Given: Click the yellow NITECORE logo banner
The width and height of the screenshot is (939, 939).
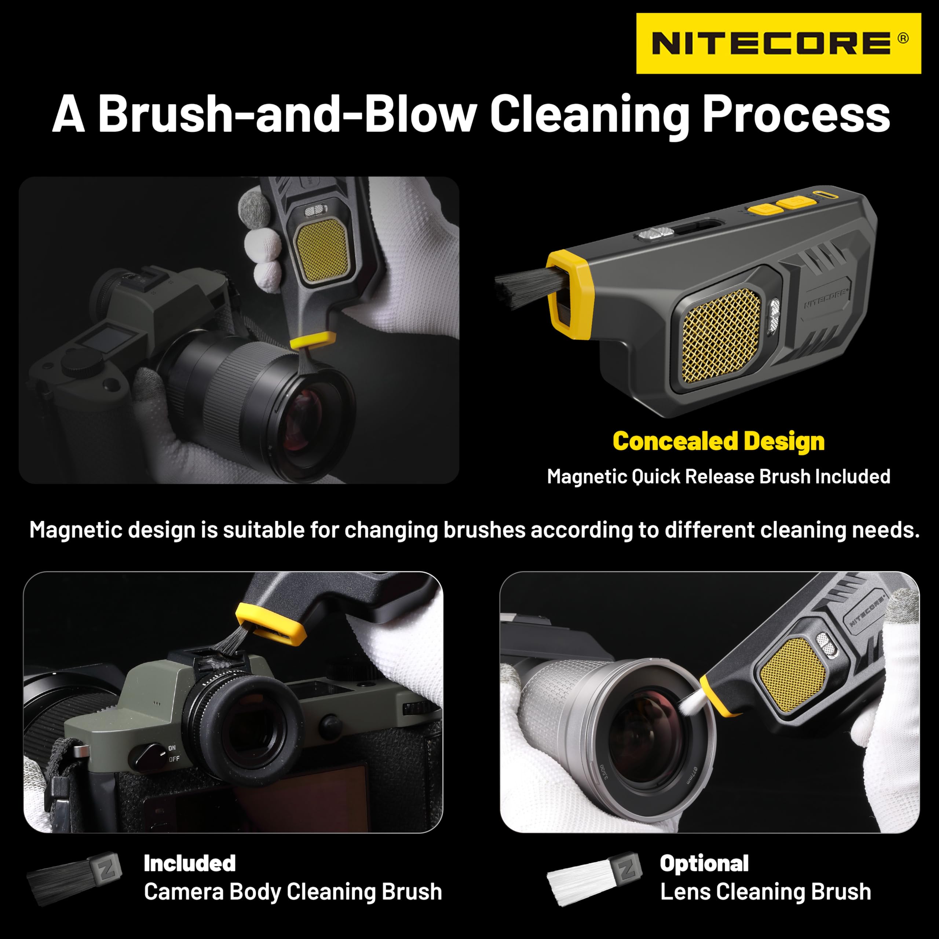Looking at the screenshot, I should (778, 43).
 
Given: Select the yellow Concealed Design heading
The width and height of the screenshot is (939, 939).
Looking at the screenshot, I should (718, 441).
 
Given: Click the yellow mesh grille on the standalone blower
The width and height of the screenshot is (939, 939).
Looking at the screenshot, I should (720, 335).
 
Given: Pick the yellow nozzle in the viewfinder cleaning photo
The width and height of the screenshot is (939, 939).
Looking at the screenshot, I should (270, 624).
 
